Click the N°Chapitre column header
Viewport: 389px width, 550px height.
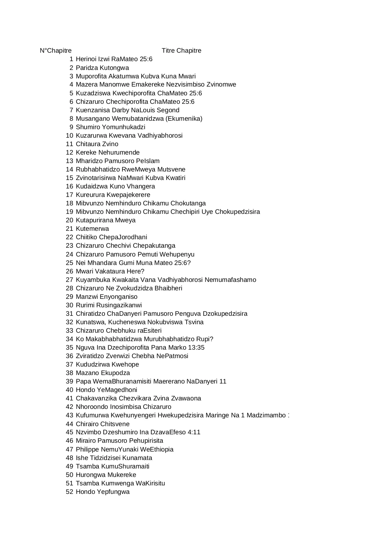tap(55, 50)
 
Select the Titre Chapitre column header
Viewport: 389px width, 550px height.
tap(181, 50)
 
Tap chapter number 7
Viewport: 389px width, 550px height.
tap(71, 110)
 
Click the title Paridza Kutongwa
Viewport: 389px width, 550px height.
tap(102, 68)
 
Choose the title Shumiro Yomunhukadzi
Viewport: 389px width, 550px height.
tap(110, 127)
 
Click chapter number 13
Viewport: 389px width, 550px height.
tap(69, 161)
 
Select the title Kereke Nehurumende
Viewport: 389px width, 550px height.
tap(108, 152)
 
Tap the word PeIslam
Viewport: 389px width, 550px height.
tap(148, 161)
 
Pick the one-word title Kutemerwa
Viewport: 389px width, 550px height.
tap(92, 229)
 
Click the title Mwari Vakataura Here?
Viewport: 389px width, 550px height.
tap(110, 271)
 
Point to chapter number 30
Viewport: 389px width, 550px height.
tap(69, 305)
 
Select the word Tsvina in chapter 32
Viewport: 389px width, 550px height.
tap(194, 322)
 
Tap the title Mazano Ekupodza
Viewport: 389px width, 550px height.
tap(103, 373)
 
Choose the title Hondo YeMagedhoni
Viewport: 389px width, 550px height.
tap(106, 390)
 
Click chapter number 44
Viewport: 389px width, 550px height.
tap(69, 424)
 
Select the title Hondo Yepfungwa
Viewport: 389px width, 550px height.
tap(103, 492)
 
